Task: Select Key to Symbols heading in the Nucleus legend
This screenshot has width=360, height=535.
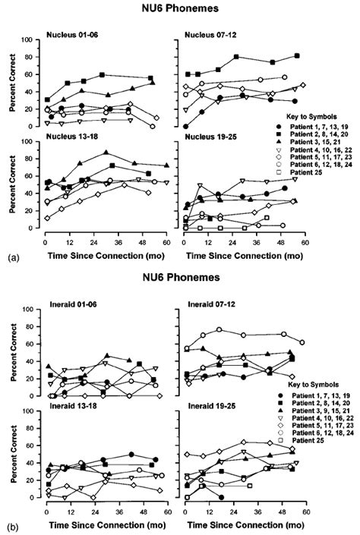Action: click(318, 112)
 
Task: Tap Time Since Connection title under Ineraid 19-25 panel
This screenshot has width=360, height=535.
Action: click(243, 524)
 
